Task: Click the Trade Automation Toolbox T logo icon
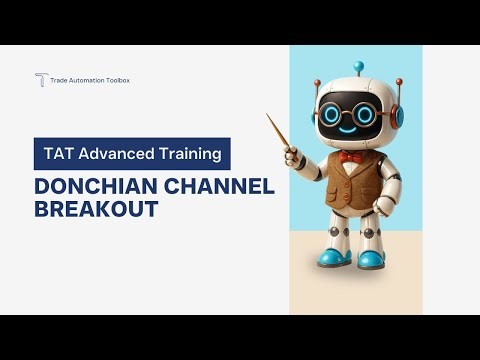pyautogui.click(x=41, y=80)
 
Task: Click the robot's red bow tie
pyautogui.click(x=349, y=157)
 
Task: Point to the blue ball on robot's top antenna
pyautogui.click(x=358, y=67)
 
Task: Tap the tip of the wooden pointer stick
pyautogui.click(x=268, y=115)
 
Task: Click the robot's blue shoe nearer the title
pyautogui.click(x=329, y=257)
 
